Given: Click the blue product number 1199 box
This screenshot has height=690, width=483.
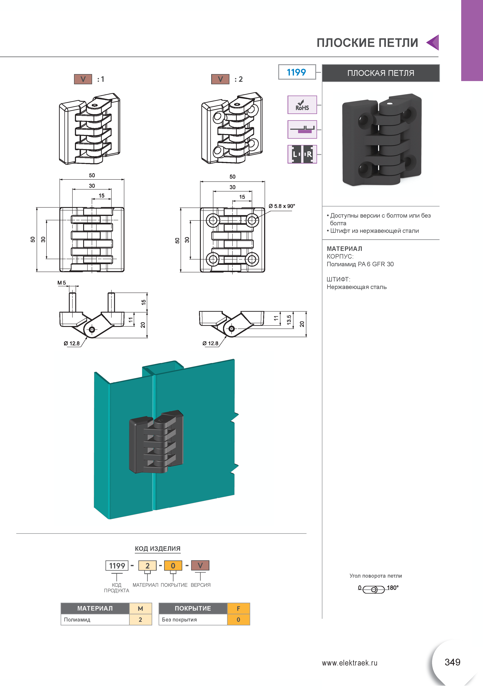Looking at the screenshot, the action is point(297,72).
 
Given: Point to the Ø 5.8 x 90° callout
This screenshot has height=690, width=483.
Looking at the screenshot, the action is point(282,206).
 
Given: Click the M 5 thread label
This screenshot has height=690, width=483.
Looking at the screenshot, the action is point(62,283).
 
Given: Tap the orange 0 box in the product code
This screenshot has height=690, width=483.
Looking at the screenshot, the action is point(173,566).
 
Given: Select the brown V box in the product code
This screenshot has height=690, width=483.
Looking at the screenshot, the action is point(200,565).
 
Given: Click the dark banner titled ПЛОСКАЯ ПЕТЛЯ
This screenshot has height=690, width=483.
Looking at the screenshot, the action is point(381,73).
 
